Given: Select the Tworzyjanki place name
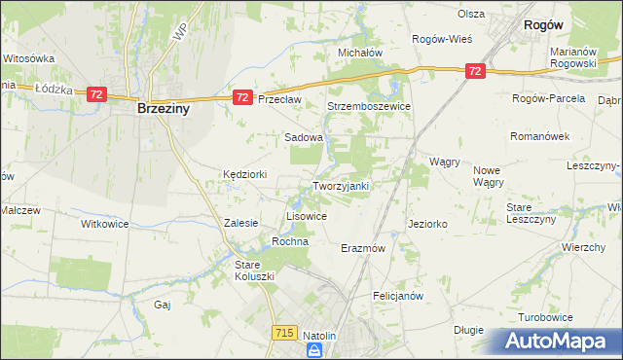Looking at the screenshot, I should pos(340,186).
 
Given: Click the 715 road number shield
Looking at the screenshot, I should pos(284,333).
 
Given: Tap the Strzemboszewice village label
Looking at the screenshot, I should pos(369,106).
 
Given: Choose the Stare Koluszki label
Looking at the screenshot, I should pos(255,270).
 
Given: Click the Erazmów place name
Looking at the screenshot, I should pos(364,248).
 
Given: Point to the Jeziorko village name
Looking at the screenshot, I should pos(427,224).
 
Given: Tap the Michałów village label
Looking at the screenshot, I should pos(359,53).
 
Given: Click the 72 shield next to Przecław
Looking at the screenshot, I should pos(242,97).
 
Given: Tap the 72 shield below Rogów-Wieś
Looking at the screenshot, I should pos(475,71).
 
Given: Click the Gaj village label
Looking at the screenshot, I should pos(163,305).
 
